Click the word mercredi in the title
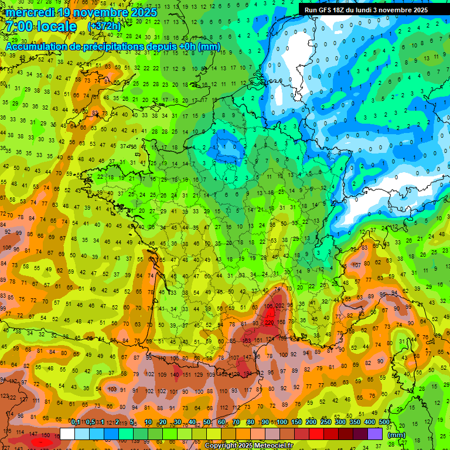30,12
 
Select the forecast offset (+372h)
104,27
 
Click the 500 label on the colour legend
384,422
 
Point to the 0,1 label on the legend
76,422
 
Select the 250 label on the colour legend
326,422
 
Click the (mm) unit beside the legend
397,435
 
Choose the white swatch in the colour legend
67,434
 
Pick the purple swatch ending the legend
375,434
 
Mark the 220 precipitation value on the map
270,322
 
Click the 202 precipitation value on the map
280,305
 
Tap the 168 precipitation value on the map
281,322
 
